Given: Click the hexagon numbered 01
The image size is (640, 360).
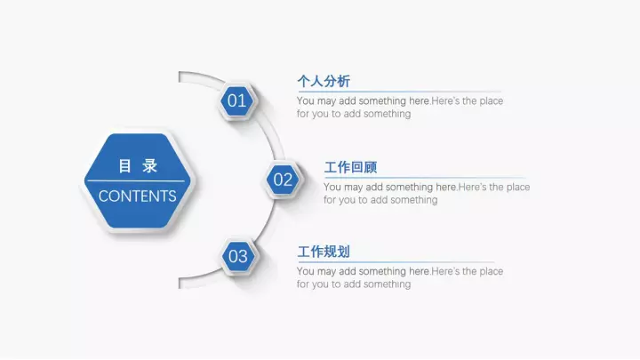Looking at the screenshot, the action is point(237,100).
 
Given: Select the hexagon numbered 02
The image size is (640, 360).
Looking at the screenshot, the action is point(283,180).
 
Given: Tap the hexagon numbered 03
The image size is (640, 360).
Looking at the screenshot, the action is point(238,256).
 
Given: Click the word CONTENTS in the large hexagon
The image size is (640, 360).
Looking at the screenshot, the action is point(138,196).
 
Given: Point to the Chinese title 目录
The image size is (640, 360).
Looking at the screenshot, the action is point(138,166).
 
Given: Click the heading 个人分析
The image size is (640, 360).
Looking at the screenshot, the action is point(324,81).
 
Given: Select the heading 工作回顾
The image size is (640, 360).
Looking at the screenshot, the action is point(350,167).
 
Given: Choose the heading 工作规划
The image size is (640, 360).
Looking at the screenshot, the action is point(324,252).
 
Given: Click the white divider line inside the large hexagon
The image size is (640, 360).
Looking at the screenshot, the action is point(136,180).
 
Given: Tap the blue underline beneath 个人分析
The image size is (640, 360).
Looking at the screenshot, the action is point(399,92).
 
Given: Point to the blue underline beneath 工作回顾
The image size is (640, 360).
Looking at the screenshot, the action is point(425,178).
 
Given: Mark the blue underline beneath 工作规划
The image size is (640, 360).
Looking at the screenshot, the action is point(396,262).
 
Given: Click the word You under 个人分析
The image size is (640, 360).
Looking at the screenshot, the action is point(306,100).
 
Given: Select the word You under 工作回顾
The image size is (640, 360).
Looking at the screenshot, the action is point(332,187).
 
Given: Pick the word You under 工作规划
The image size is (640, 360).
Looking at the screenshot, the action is point(306,271).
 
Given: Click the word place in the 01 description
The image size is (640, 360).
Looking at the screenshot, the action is point(491,101).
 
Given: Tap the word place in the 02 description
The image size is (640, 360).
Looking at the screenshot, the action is point(518,188).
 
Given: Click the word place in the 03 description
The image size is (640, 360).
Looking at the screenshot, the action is point(491,272).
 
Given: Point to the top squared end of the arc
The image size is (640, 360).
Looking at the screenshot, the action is point(180,77).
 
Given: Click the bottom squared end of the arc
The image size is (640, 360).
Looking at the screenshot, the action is point(180,284).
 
